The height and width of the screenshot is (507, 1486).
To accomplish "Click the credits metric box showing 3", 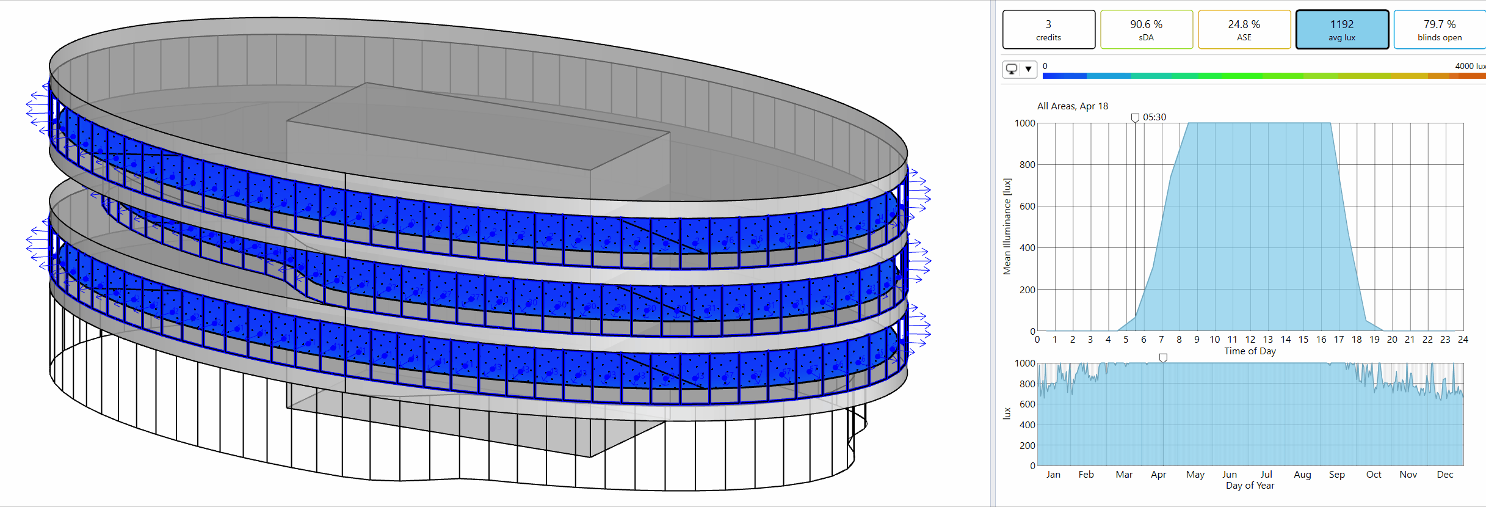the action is pyautogui.click(x=1048, y=29).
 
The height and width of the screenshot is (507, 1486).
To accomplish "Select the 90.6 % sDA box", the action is pyautogui.click(x=1146, y=29).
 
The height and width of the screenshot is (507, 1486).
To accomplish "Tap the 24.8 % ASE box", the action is pyautogui.click(x=1244, y=29).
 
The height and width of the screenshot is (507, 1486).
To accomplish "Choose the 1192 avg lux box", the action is pyautogui.click(x=1342, y=29).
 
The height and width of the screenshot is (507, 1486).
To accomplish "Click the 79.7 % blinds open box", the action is pyautogui.click(x=1440, y=29).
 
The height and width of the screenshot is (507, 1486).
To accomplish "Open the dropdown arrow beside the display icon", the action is pyautogui.click(x=1029, y=69).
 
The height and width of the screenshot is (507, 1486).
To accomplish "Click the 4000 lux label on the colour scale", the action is pyautogui.click(x=1470, y=66).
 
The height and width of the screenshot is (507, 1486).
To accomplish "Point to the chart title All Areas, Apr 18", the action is pyautogui.click(x=1073, y=106).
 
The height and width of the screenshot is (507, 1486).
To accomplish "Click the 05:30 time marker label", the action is pyautogui.click(x=1154, y=117).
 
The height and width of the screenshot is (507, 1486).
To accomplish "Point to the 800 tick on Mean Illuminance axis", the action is pyautogui.click(x=1027, y=165).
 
